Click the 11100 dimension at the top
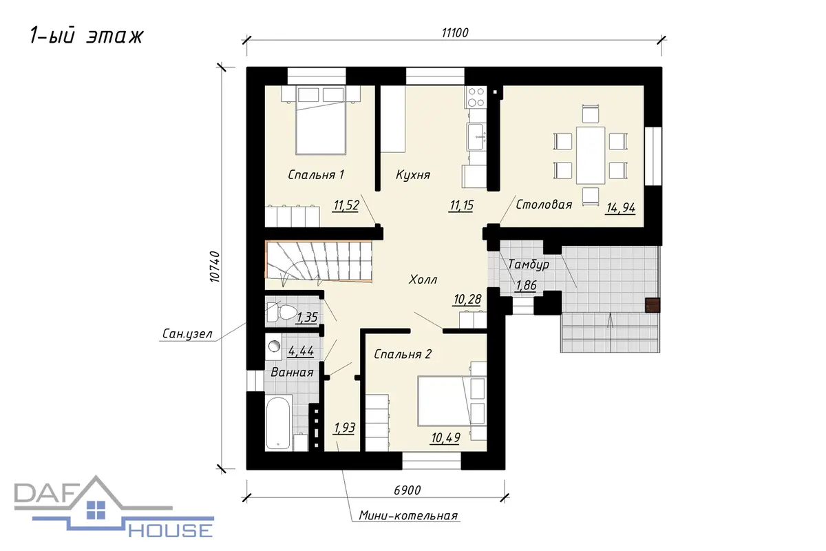click(x=455, y=33)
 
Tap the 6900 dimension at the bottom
click(x=407, y=490)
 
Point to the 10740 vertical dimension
click(x=215, y=267)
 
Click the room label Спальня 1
click(x=316, y=174)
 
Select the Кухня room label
click(x=413, y=174)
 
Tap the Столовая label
click(x=544, y=205)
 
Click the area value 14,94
click(x=621, y=209)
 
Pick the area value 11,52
click(x=346, y=205)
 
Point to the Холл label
click(x=423, y=280)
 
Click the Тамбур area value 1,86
click(x=526, y=286)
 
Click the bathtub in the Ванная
click(x=278, y=423)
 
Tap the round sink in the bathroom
click(x=274, y=346)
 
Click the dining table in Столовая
click(x=591, y=156)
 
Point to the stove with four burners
click(x=476, y=96)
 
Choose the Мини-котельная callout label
click(x=408, y=515)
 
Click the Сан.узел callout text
click(x=187, y=334)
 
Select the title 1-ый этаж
click(x=86, y=37)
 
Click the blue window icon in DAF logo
click(x=96, y=510)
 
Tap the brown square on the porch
click(x=653, y=305)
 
